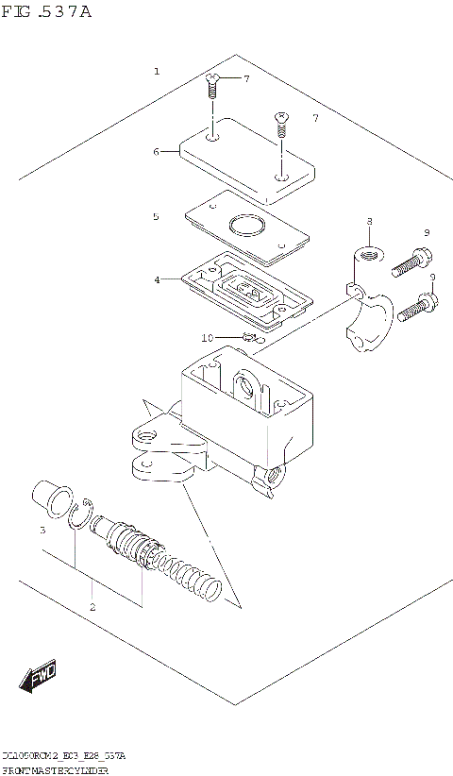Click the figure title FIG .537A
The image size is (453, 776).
pyautogui.click(x=48, y=13)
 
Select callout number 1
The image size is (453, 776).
pyautogui.click(x=157, y=72)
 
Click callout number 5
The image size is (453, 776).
pyautogui.click(x=157, y=216)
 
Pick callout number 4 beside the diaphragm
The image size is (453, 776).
pyautogui.click(x=158, y=278)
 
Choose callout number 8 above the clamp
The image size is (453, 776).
pyautogui.click(x=369, y=222)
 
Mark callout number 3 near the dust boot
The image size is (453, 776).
pyautogui.click(x=42, y=531)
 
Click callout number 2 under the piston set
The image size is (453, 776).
pyautogui.click(x=92, y=606)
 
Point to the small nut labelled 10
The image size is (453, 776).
pyautogui.click(x=249, y=337)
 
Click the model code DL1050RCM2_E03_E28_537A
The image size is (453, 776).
pyautogui.click(x=63, y=757)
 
